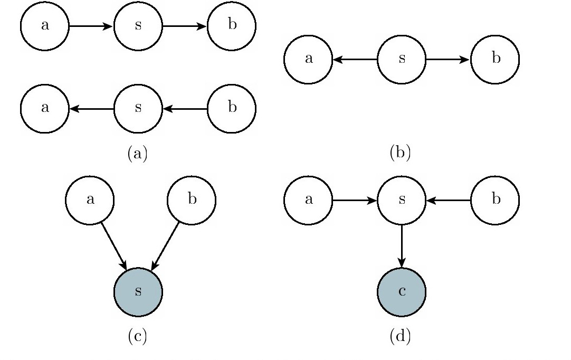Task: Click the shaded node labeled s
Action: pos(138,292)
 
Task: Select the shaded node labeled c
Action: pos(401,292)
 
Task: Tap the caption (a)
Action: pos(138,154)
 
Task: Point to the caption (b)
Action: pos(400,153)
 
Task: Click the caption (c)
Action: pos(138,336)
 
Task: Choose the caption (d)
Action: pos(400,336)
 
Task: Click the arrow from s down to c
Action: pos(401,246)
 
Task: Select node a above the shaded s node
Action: pos(90,200)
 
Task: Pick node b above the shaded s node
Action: pos(192,200)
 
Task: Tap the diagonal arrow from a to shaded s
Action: pos(114,247)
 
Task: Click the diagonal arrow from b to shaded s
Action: pos(165,247)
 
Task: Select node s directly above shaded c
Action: pos(401,200)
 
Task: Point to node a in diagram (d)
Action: pos(308,200)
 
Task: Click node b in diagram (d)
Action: pos(495,200)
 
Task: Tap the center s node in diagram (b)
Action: pos(401,60)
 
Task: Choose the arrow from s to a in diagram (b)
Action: pos(355,60)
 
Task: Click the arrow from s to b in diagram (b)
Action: pos(448,60)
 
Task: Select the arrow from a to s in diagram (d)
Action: pos(355,200)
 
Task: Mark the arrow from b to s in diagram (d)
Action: pos(448,200)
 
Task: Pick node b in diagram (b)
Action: pos(495,60)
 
